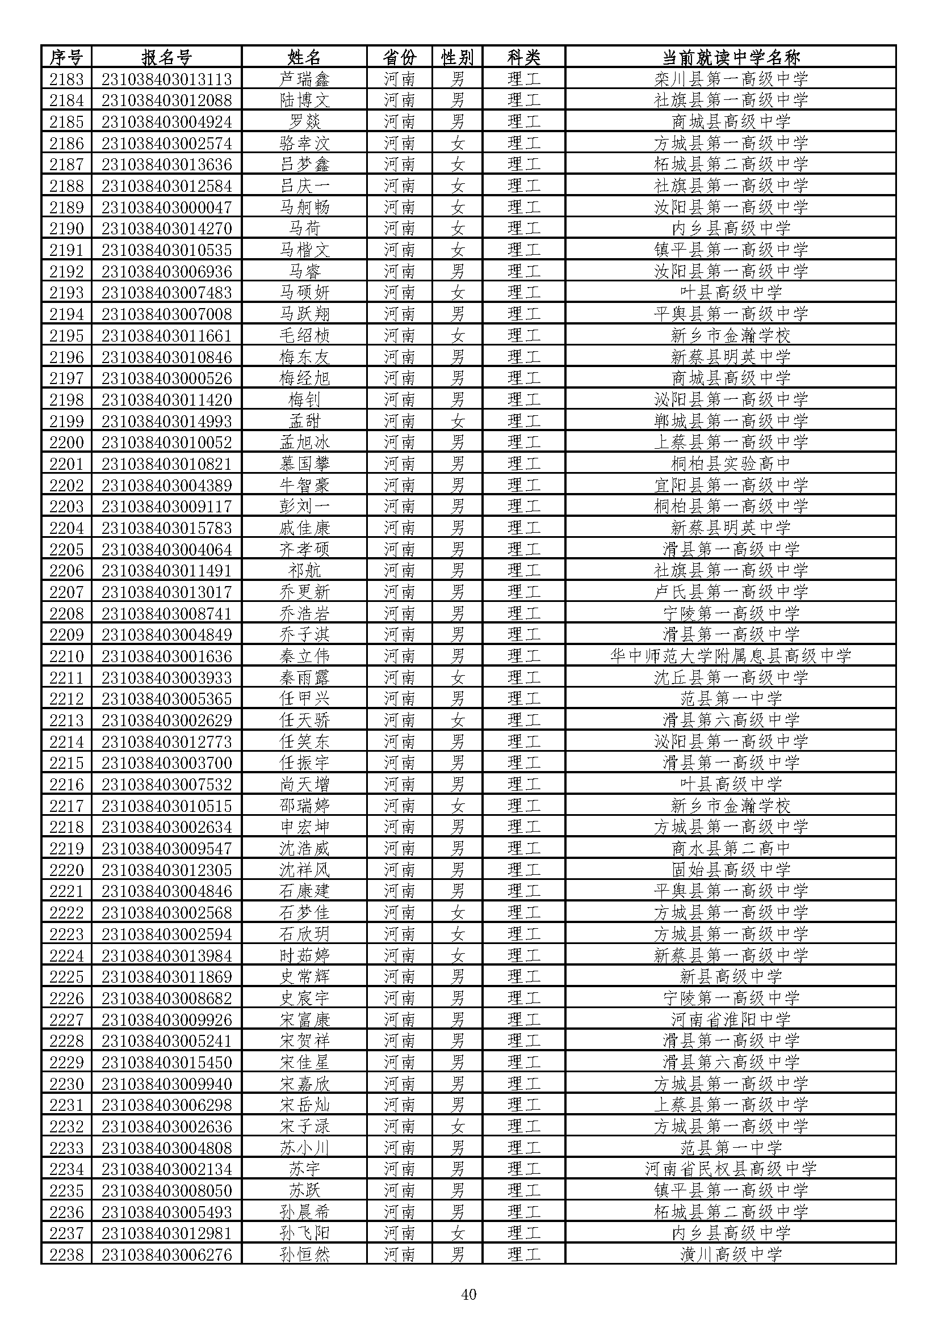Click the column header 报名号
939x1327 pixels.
tap(166, 57)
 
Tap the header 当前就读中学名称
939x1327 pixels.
tap(730, 57)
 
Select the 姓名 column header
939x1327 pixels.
tap(304, 57)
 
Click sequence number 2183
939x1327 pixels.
tap(66, 79)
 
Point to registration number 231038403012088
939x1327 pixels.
tap(166, 100)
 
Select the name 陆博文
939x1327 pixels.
tap(304, 100)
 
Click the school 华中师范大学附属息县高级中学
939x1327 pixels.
tap(730, 656)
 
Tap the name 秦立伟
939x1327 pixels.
tap(304, 656)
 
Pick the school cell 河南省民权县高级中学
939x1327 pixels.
tap(730, 1169)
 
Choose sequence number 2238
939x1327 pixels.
tap(66, 1255)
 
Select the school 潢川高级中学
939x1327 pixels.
tap(730, 1255)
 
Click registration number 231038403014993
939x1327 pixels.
tap(166, 421)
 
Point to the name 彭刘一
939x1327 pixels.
tap(304, 506)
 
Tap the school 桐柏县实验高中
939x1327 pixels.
tap(730, 464)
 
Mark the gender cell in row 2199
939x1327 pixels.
tap(458, 421)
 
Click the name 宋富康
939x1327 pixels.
tap(304, 1020)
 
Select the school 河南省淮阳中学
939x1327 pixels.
tap(730, 1020)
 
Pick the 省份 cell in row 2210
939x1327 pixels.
tap(400, 656)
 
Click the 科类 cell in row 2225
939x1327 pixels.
tap(524, 977)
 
